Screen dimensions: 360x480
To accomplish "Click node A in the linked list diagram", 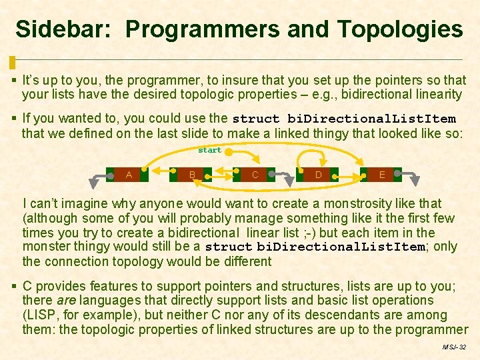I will point(129,175).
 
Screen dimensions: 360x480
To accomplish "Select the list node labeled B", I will point(192,175).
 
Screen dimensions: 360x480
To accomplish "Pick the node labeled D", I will point(319,175).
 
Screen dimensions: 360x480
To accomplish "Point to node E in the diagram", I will point(382,175).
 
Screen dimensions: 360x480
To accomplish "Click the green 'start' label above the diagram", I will point(210,150).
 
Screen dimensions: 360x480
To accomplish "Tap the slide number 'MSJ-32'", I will point(454,347).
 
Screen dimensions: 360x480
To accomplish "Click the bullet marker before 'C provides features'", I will point(15,287).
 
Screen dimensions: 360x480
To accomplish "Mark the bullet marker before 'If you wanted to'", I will point(15,119).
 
